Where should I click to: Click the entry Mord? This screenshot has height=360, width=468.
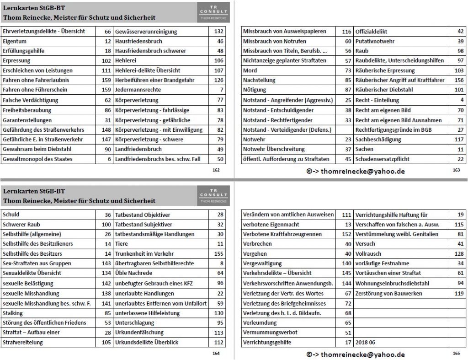click(250, 70)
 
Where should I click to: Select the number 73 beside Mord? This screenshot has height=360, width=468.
click(348, 70)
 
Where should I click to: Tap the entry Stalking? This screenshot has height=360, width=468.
click(13, 313)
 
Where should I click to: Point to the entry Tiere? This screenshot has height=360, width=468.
click(122, 244)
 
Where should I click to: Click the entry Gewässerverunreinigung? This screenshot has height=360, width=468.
click(146, 32)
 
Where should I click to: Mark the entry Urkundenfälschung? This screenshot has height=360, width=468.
click(139, 333)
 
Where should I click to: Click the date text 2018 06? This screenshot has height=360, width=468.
click(365, 342)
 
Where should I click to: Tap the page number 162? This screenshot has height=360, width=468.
click(216, 170)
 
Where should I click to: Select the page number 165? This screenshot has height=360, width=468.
click(456, 354)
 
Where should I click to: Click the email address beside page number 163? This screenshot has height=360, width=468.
click(356, 171)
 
